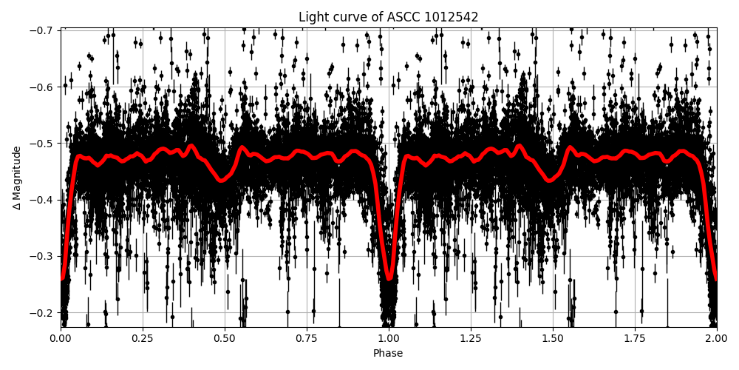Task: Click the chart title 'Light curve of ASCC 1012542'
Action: [x=388, y=17]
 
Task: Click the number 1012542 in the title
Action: [x=452, y=17]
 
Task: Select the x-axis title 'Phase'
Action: [x=388, y=354]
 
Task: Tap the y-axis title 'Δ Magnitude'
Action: [x=16, y=178]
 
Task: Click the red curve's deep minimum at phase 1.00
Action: [x=389, y=278]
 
